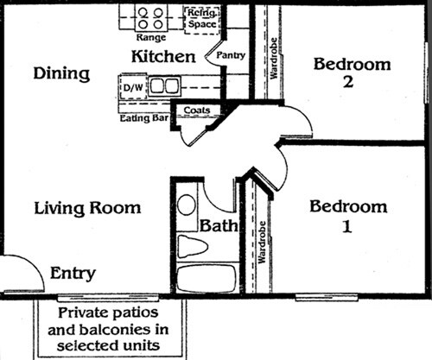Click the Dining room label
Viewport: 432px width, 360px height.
(x=61, y=74)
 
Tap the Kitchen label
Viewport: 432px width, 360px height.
(x=162, y=58)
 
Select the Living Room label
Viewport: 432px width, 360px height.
(x=87, y=208)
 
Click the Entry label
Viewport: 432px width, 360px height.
(x=73, y=273)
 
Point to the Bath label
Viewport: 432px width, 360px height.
(x=216, y=226)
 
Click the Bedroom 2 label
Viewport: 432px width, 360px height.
(x=352, y=73)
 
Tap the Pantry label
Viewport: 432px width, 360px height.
(x=232, y=56)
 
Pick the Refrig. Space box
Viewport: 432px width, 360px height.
(x=202, y=17)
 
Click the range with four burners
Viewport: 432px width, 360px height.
(x=151, y=17)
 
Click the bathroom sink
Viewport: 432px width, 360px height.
(x=187, y=205)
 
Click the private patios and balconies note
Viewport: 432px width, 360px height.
(x=111, y=330)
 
